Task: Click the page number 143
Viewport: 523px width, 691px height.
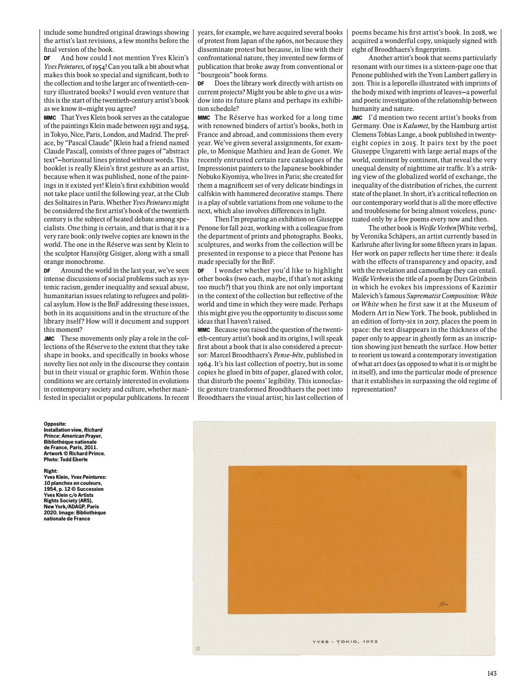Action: (x=492, y=673)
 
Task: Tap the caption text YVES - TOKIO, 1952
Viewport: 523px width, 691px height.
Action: (x=344, y=641)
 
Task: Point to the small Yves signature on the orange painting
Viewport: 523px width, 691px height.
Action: (x=443, y=604)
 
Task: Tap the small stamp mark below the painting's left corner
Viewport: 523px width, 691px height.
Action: (x=196, y=648)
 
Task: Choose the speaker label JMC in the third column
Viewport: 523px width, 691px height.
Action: (x=356, y=118)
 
